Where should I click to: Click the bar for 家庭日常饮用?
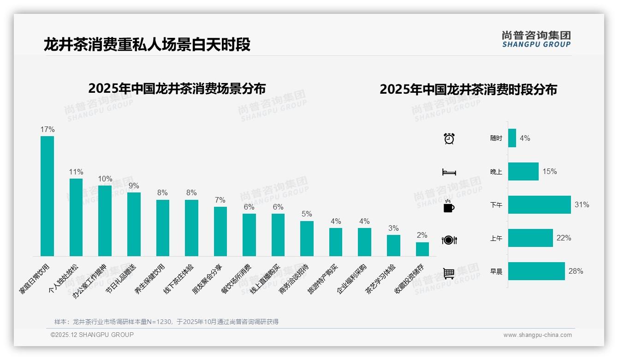[x=47, y=196]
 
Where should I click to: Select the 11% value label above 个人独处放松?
[x=76, y=172]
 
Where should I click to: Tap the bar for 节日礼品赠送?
[x=134, y=224]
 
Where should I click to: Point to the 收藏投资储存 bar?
[x=422, y=249]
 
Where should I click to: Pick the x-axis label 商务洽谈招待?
[x=294, y=280]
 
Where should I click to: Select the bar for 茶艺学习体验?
[x=393, y=246]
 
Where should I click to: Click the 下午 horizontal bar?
[x=539, y=205]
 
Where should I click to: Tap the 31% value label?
[x=582, y=204]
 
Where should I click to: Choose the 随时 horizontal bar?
[x=512, y=138]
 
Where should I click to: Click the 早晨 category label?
[x=496, y=271]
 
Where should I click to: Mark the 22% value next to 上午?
[x=564, y=238]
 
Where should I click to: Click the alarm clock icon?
[x=449, y=138]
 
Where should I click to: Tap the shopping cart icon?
[x=449, y=273]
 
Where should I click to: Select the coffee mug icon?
[x=449, y=206]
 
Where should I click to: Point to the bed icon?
[x=449, y=172]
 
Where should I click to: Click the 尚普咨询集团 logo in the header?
[x=536, y=39]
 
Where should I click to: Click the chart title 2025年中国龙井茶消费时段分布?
[x=468, y=89]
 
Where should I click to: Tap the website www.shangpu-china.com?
[x=537, y=335]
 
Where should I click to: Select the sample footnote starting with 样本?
[x=166, y=322]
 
